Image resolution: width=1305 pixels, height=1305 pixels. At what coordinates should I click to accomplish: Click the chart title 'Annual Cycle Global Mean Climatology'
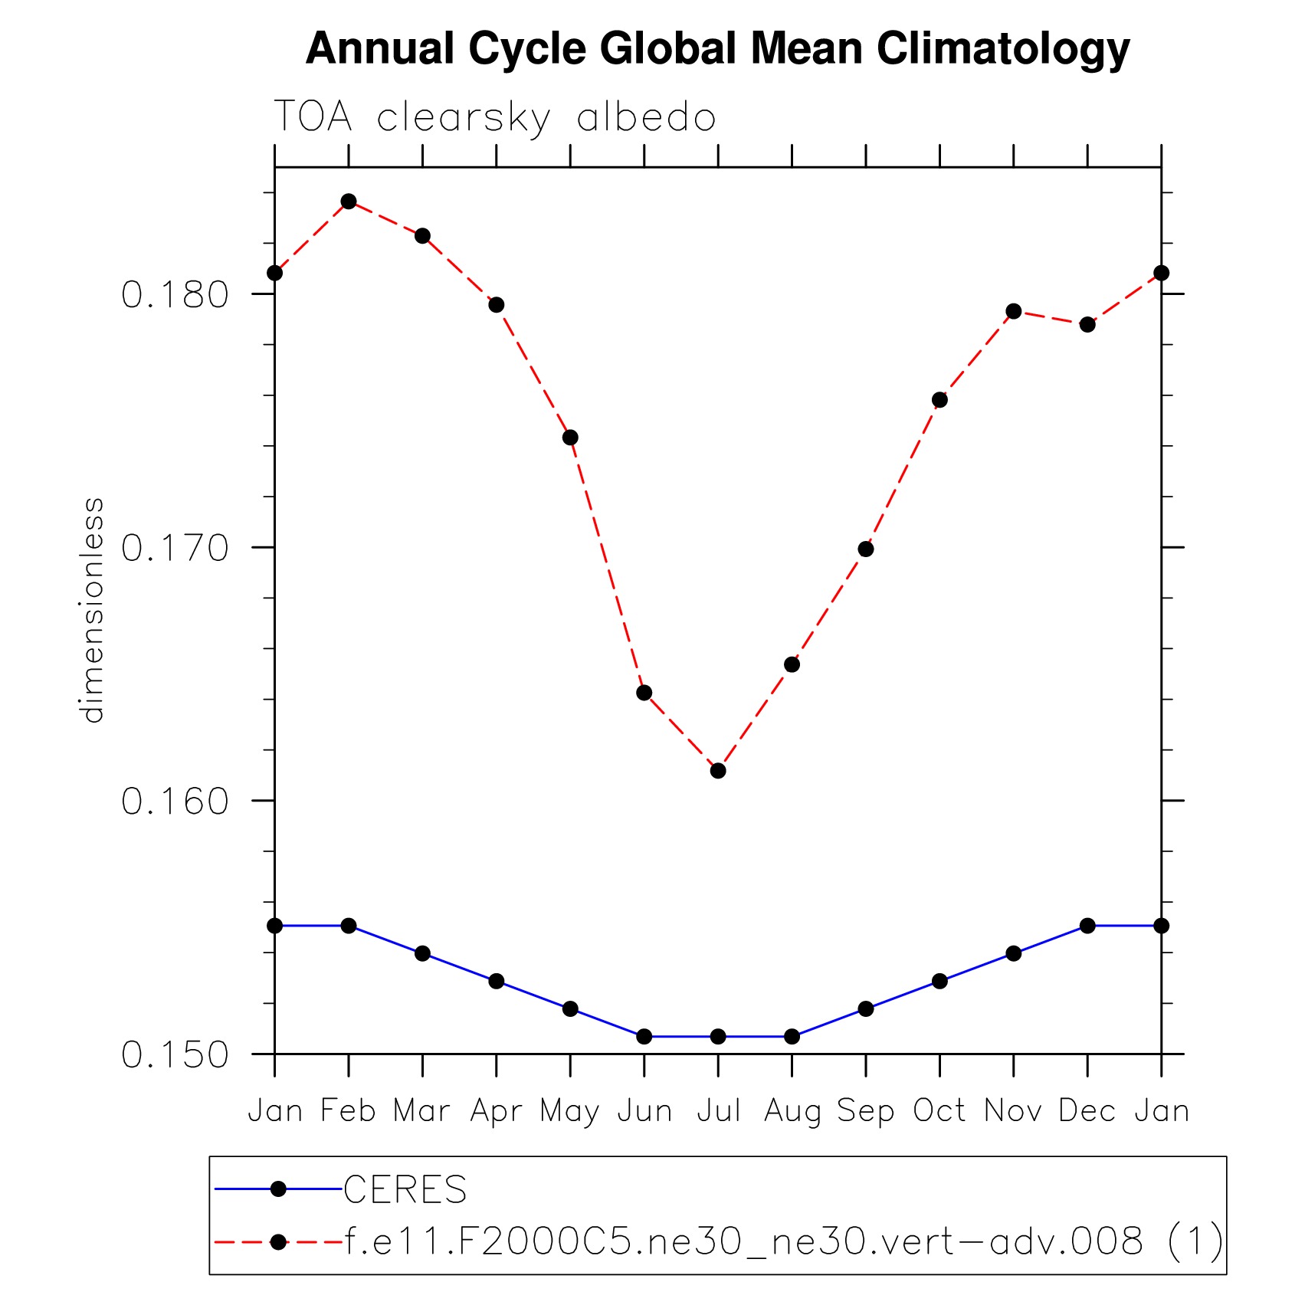717,49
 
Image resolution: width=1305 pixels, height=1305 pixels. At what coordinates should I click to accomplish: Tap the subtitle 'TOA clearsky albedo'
494,118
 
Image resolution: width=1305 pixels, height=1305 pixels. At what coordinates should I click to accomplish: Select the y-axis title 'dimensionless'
92,610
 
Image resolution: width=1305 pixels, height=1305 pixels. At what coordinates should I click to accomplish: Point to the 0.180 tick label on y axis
175,295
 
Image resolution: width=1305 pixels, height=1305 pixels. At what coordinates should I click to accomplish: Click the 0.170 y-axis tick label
175,548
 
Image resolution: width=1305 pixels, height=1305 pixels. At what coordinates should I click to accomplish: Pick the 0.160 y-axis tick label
175,802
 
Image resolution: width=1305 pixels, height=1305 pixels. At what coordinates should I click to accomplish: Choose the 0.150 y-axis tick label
175,1055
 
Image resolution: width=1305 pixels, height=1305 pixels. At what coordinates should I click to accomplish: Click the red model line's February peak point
349,202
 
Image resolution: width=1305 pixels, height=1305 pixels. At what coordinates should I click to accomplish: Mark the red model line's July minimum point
718,771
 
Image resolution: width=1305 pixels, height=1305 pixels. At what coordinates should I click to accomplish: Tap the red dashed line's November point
1014,311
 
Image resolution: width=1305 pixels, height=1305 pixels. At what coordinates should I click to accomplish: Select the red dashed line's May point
570,438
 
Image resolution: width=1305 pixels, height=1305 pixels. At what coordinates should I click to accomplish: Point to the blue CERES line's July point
718,1037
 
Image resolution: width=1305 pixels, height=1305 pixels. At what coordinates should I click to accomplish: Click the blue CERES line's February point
349,926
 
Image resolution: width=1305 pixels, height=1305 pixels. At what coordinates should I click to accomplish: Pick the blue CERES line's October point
939,981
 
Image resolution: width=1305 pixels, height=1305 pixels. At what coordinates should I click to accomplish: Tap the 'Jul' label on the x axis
718,1110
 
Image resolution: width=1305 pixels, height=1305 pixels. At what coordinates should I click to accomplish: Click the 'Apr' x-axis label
496,1110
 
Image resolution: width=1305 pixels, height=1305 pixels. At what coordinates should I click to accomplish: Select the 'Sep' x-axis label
866,1110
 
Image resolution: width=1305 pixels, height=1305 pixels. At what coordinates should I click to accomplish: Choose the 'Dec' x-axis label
1087,1110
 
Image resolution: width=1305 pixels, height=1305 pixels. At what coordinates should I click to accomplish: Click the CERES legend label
405,1190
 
